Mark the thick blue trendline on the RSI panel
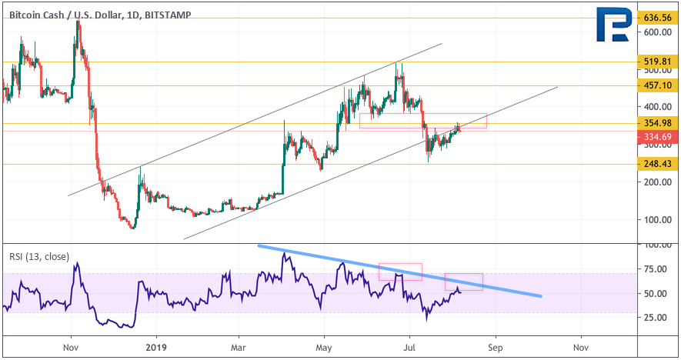coord(400,271)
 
